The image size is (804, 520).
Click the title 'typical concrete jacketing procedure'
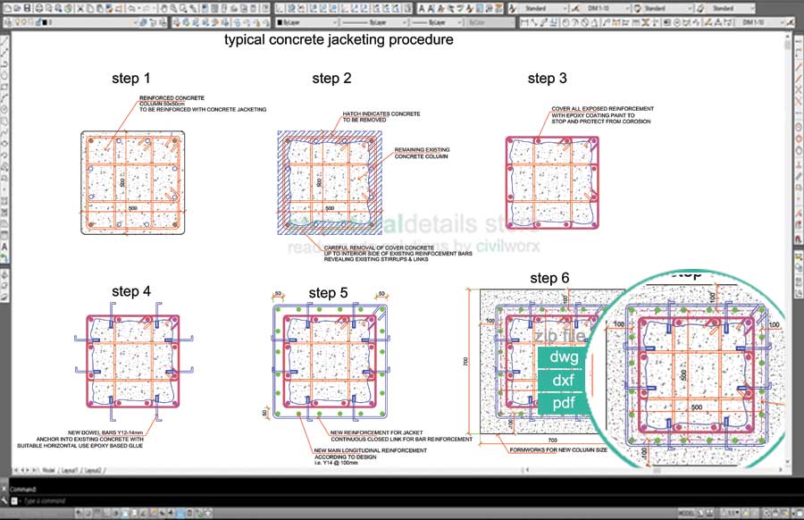[x=339, y=40]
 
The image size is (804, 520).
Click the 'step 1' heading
[x=131, y=79]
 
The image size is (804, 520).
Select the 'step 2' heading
[x=331, y=79]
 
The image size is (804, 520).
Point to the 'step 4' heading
[x=131, y=291]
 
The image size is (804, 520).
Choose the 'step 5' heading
[x=328, y=292]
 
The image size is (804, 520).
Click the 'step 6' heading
[x=549, y=278]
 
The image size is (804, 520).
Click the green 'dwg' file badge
[x=565, y=357]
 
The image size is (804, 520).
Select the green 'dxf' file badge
[x=565, y=381]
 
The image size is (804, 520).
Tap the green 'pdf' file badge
[x=565, y=404]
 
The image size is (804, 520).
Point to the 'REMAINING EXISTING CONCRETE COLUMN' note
[x=422, y=153]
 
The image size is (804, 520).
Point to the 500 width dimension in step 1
[x=133, y=207]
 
